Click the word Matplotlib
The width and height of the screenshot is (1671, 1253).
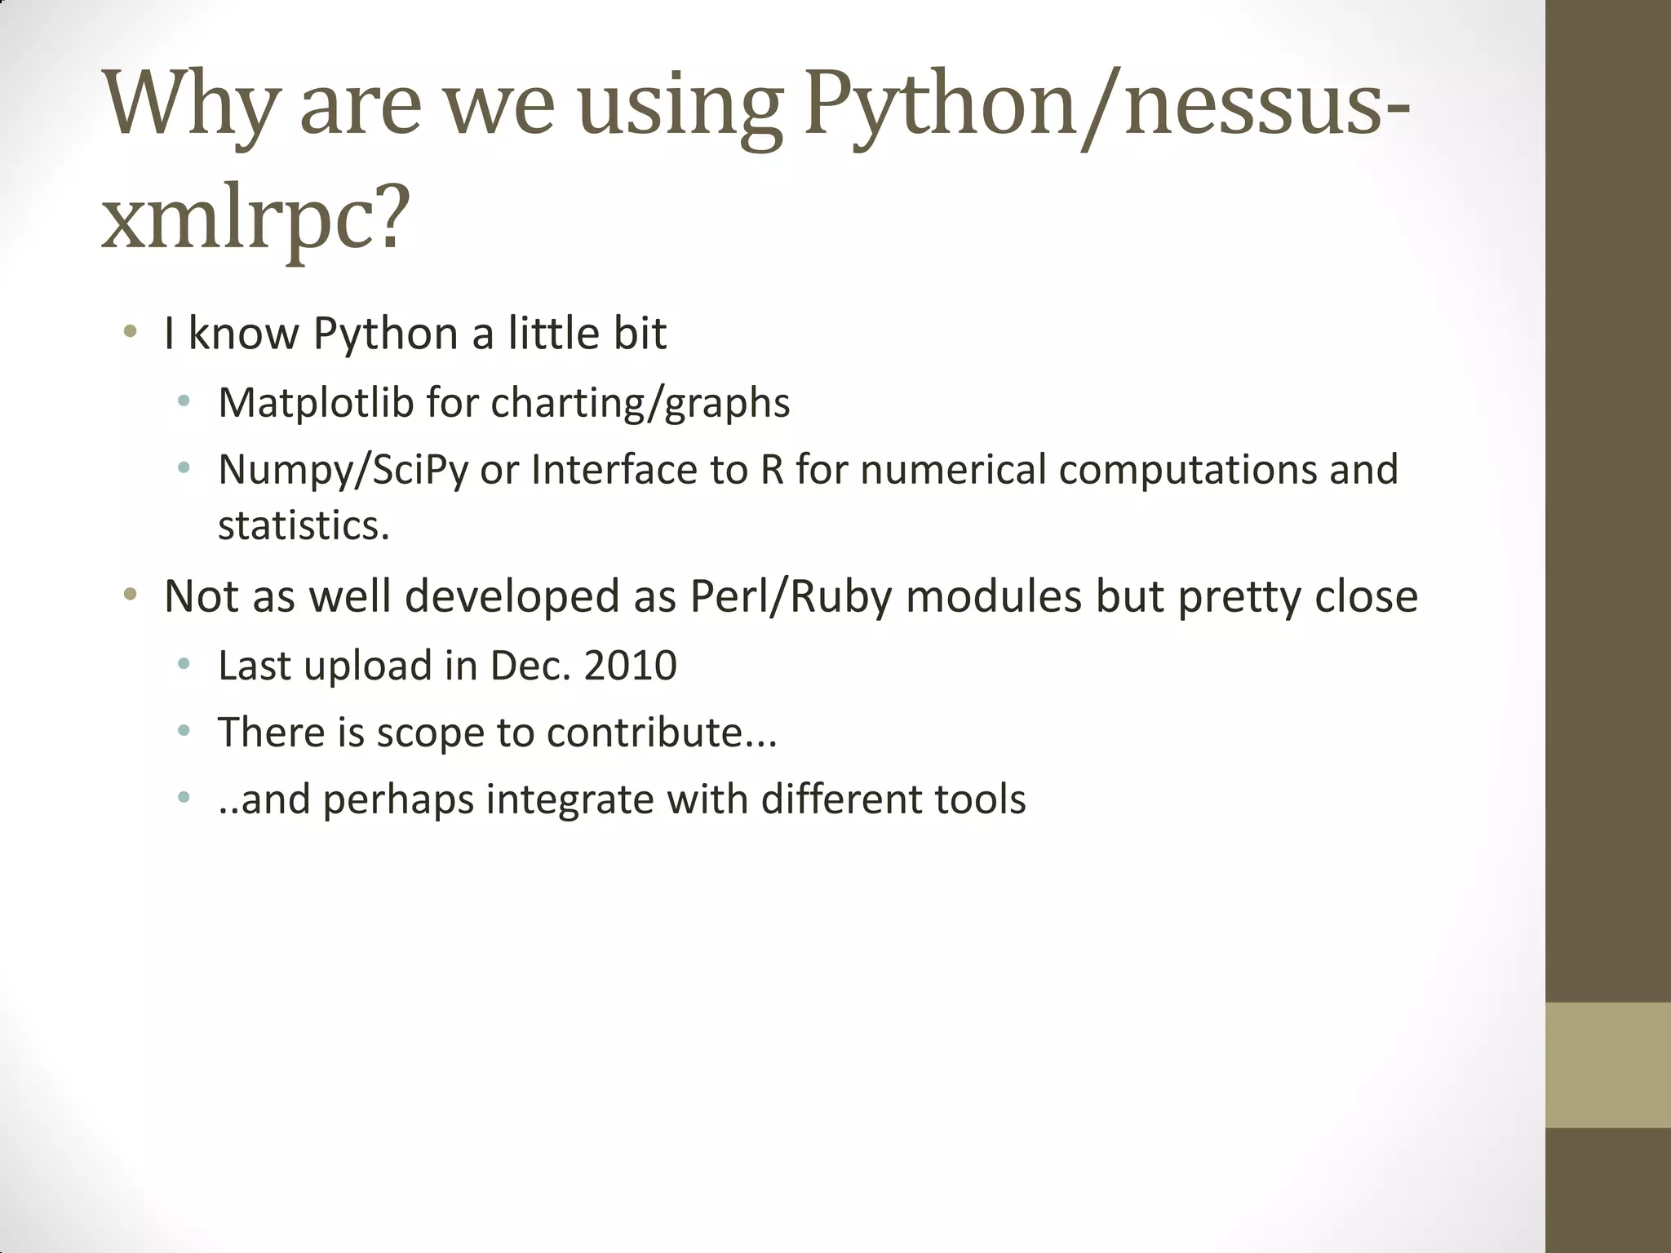[316, 403]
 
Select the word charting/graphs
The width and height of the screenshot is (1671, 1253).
[640, 404]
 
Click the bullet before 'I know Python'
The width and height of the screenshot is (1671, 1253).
[130, 332]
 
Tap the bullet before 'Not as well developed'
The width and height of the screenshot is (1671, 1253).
[130, 595]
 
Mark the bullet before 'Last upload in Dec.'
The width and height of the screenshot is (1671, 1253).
[184, 664]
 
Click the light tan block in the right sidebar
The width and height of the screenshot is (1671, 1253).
[1607, 1065]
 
